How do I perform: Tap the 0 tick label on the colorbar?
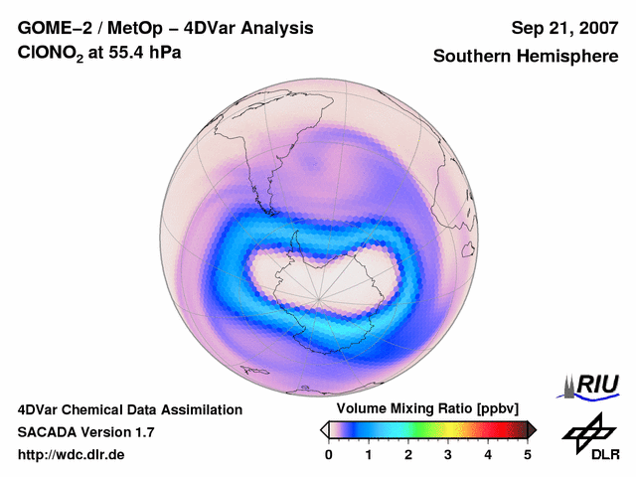[x=329, y=454]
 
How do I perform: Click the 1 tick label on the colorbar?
[x=369, y=454]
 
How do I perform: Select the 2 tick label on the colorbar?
[x=408, y=454]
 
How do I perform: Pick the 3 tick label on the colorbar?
[x=448, y=454]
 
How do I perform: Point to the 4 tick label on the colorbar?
[x=488, y=454]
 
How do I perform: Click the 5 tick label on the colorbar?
[x=528, y=454]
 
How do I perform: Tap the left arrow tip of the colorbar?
[x=324, y=429]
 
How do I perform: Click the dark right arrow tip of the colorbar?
[x=533, y=429]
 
